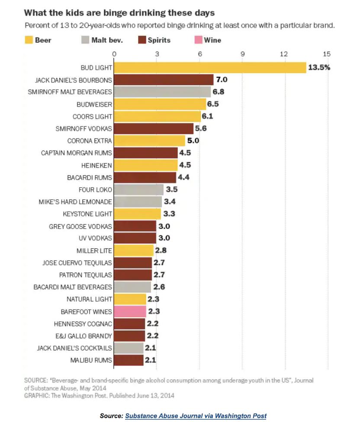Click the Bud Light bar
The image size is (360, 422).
pyautogui.click(x=210, y=68)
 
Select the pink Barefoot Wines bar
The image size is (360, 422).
pyautogui.click(x=130, y=311)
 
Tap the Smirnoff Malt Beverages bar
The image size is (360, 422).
pyautogui.click(x=162, y=92)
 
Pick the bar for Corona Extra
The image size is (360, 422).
pyautogui.click(x=150, y=141)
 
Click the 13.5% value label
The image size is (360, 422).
pyautogui.click(x=319, y=68)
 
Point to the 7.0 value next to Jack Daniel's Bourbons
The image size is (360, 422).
pyautogui.click(x=222, y=80)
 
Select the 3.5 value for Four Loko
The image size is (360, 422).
pyautogui.click(x=172, y=189)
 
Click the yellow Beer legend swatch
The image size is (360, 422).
pyautogui.click(x=29, y=40)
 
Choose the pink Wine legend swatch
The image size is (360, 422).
pyautogui.click(x=198, y=40)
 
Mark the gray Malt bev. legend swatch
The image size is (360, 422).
pyautogui.click(x=85, y=40)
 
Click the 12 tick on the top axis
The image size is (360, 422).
pyautogui.click(x=284, y=54)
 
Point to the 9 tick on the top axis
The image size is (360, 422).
pyautogui.click(x=242, y=54)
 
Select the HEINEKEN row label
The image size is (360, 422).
pyautogui.click(x=96, y=165)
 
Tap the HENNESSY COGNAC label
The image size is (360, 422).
pyautogui.click(x=83, y=323)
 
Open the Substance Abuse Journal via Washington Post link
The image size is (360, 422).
pyautogui.click(x=196, y=416)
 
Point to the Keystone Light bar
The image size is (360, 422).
pyautogui.click(x=138, y=214)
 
